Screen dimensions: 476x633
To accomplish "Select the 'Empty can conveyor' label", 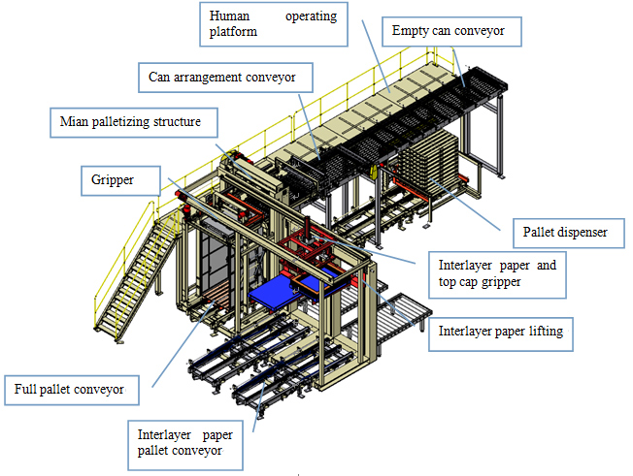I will pos(450,31).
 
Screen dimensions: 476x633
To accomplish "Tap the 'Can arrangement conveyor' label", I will pos(229,76).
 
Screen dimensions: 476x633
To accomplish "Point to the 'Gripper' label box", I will pos(116,179).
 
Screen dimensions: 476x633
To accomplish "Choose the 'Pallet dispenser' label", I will pos(566,234).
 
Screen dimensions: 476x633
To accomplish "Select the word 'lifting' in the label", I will pos(543,332).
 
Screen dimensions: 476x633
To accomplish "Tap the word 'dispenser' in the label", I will pos(585,234).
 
